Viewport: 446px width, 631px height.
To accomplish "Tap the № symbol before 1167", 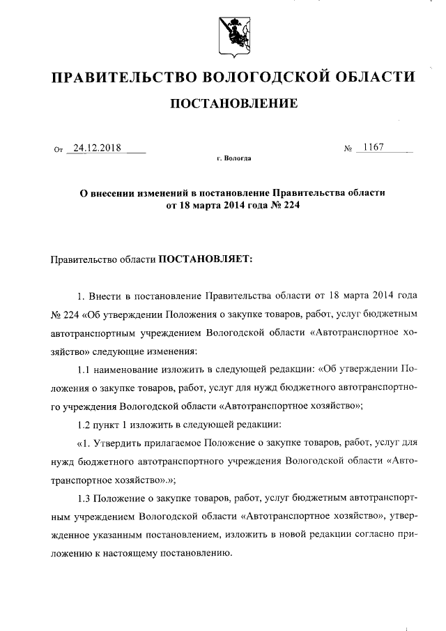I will tap(346, 149).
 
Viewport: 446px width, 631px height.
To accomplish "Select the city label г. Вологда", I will tap(233, 158).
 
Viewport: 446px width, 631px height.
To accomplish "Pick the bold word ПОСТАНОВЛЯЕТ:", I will tap(207, 258).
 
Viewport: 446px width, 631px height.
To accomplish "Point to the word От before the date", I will tap(59, 150).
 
